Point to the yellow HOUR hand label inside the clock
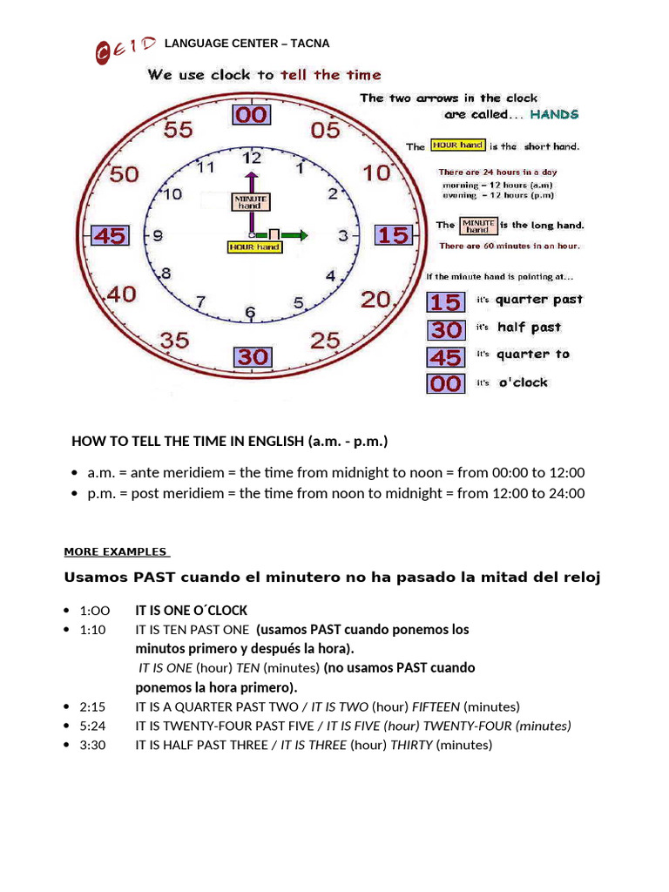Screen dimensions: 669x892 [254, 247]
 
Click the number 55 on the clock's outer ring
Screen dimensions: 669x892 [178, 130]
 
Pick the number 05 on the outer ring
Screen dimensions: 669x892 [325, 131]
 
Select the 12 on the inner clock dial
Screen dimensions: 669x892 [252, 159]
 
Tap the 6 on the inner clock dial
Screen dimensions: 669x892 [250, 312]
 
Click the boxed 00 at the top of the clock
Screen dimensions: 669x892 [251, 115]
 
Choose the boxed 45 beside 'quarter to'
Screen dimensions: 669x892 [445, 357]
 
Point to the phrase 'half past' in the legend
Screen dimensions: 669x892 [530, 328]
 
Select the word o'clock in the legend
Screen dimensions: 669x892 [523, 382]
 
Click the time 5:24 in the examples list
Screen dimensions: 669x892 [91, 726]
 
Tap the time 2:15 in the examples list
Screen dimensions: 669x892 [91, 706]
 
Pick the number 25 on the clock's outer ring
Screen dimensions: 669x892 [325, 340]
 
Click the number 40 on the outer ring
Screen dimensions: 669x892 [121, 295]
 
